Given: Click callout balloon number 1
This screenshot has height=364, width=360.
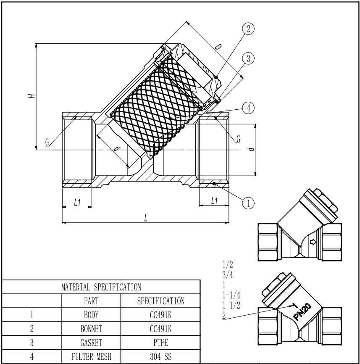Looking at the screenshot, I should click(x=248, y=203).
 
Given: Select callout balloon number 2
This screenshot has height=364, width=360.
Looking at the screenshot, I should click(x=248, y=29).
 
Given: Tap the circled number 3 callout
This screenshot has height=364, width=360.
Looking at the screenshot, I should click(x=248, y=58).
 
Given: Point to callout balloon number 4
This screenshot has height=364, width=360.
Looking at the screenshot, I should click(x=248, y=108).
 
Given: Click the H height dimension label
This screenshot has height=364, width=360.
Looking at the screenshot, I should click(x=31, y=96).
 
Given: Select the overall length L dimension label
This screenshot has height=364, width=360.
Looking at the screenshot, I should click(x=145, y=218).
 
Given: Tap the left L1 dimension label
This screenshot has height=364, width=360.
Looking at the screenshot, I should click(x=77, y=202).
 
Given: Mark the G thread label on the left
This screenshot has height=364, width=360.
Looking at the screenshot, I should click(x=47, y=142).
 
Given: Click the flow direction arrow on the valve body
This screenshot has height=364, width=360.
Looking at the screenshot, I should click(x=313, y=242).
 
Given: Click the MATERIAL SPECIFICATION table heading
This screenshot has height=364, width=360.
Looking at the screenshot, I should click(x=101, y=288).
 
